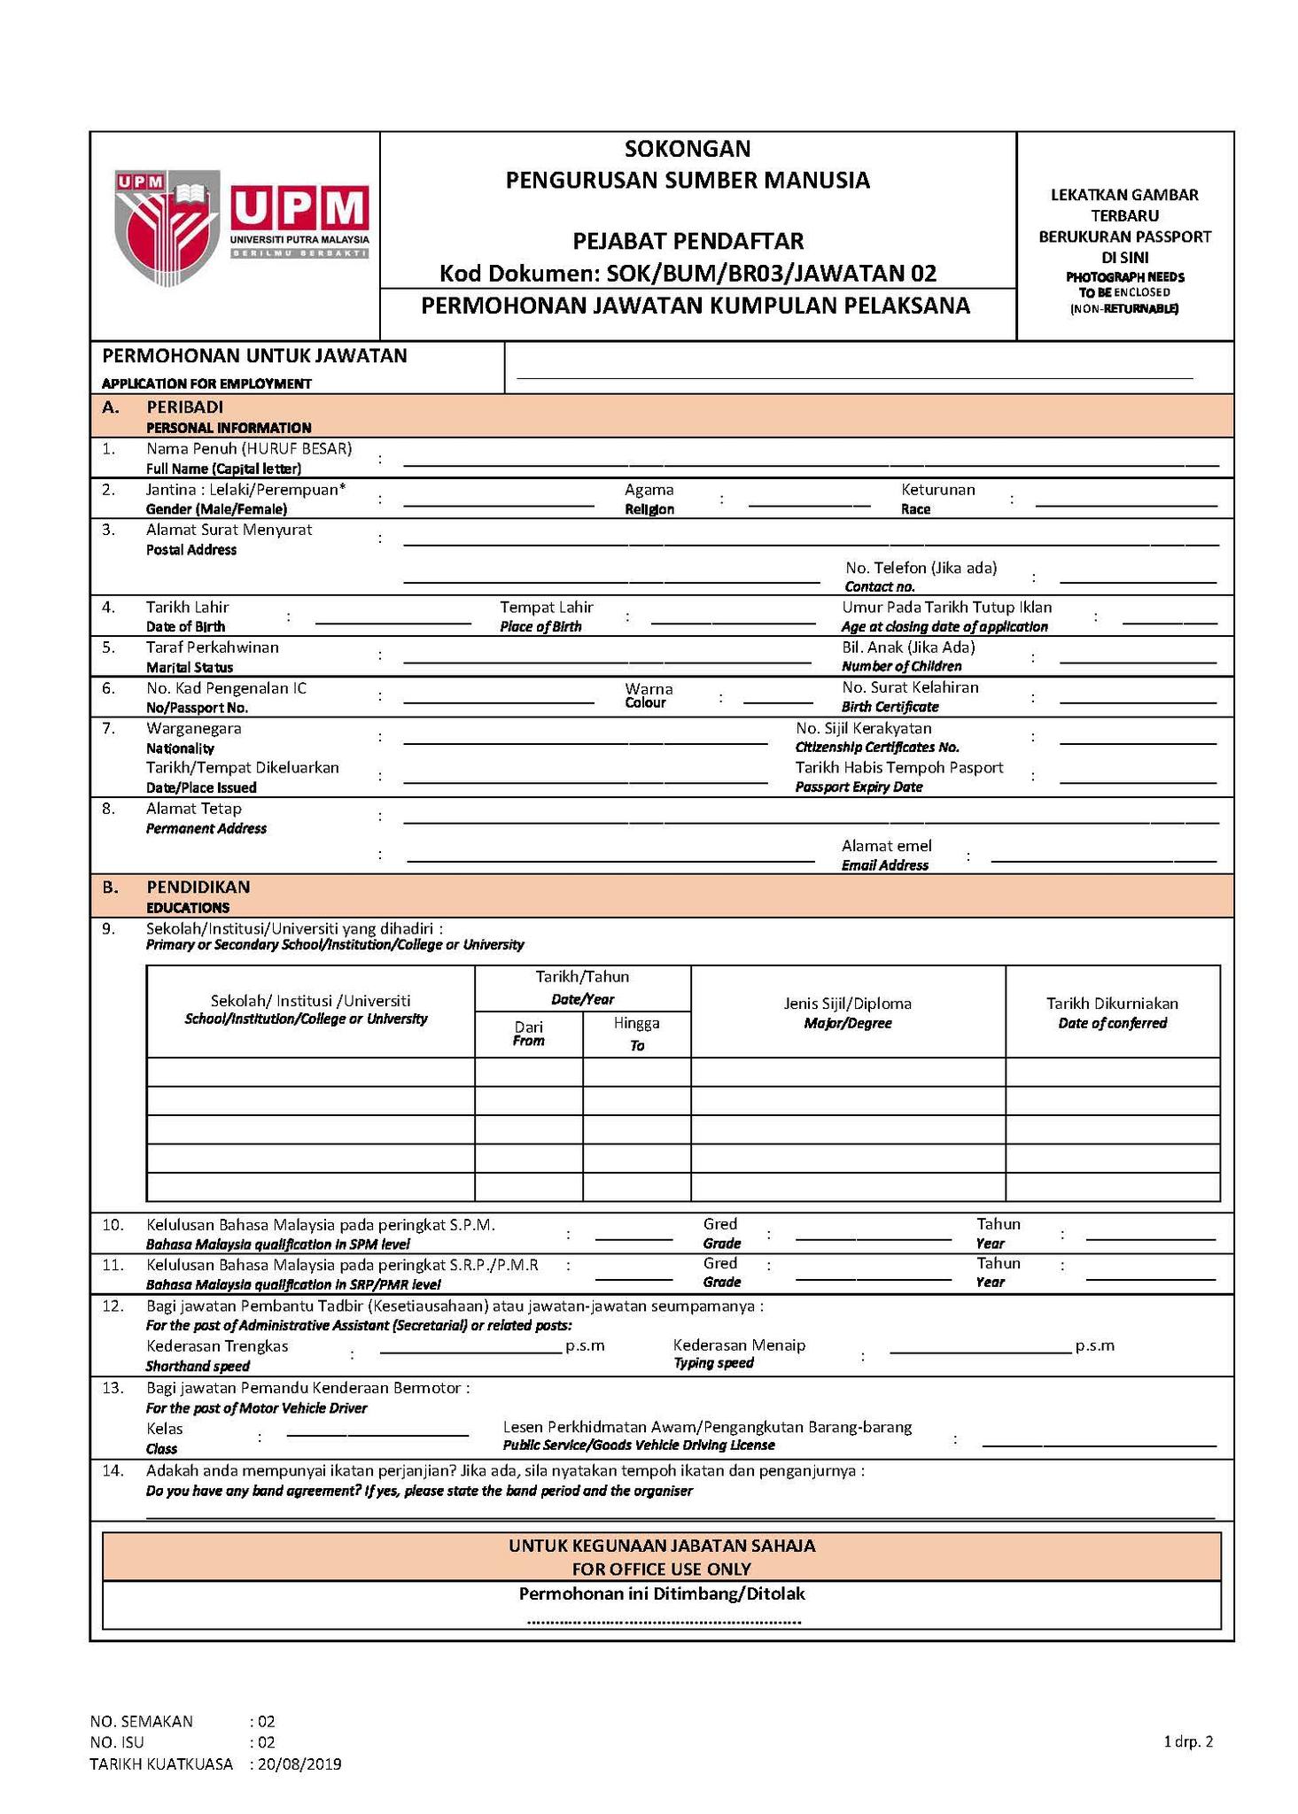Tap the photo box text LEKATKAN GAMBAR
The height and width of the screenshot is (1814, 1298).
(1123, 195)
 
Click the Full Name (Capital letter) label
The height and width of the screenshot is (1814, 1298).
(223, 469)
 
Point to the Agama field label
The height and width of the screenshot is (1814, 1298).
(649, 490)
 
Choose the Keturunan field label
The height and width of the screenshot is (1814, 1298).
(937, 490)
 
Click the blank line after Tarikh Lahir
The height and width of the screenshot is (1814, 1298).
(393, 624)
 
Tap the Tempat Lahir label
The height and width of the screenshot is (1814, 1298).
(546, 608)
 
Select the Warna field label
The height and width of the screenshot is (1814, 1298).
(649, 688)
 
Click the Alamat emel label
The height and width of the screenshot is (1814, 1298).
(886, 846)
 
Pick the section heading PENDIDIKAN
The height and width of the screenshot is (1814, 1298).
(198, 887)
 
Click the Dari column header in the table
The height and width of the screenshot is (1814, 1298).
(529, 1027)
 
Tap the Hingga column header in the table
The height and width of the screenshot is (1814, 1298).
(636, 1023)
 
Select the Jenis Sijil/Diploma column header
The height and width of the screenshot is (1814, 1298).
(847, 1004)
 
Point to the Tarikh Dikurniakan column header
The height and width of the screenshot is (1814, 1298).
(1112, 1004)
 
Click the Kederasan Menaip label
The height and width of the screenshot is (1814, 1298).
(739, 1345)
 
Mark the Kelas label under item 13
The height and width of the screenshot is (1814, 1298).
(165, 1429)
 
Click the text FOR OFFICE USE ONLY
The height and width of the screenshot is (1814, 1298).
(661, 1570)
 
